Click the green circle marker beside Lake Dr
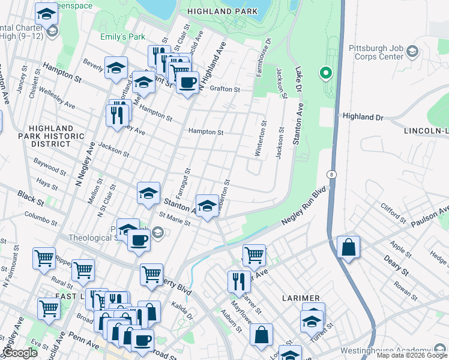tap(325, 74)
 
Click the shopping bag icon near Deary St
tap(348, 247)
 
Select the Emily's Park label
tap(122, 37)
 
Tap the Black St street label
tap(27, 196)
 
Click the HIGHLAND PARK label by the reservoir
tap(222, 11)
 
